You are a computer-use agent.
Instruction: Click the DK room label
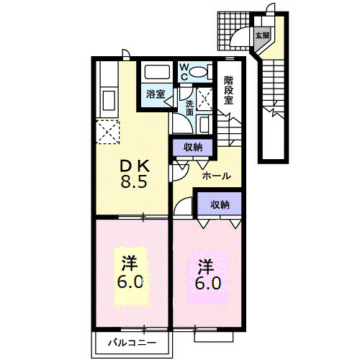135,166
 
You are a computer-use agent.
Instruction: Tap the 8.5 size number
134,182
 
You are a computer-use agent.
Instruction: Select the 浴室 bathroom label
156,94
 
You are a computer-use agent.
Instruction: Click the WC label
184,71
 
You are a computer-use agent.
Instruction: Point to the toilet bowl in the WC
198,72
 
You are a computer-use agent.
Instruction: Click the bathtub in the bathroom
157,72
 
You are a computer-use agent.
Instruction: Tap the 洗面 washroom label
189,108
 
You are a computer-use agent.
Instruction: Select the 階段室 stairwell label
229,90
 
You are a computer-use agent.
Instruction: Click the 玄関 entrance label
262,36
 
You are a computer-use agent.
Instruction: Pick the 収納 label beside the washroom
193,147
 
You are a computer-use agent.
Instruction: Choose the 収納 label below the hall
220,204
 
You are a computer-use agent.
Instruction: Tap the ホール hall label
216,176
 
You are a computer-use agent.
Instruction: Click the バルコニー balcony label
132,343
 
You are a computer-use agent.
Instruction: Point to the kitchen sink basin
109,100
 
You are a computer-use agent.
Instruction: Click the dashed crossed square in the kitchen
107,132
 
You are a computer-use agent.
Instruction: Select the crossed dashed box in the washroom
204,99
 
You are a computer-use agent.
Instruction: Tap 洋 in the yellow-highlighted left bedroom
130,263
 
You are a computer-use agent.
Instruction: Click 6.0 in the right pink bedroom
208,283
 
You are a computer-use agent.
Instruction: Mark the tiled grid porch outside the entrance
233,31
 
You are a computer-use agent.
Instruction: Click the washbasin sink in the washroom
204,124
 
